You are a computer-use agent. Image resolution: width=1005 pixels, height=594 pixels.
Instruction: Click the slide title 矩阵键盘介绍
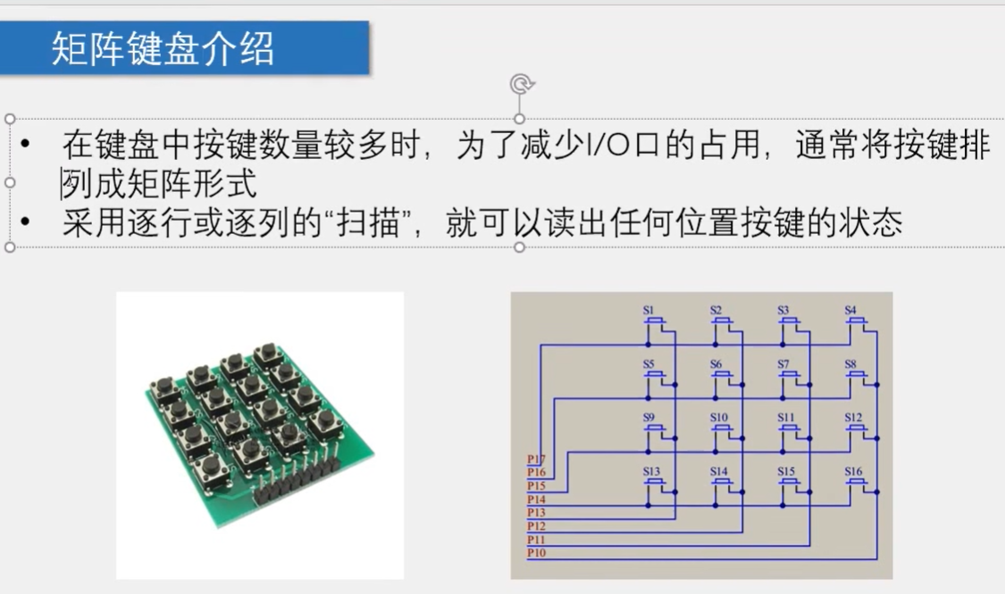pos(163,48)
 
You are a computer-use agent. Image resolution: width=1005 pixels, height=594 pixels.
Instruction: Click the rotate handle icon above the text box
pos(520,84)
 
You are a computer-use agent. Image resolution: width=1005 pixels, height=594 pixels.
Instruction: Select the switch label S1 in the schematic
pos(649,310)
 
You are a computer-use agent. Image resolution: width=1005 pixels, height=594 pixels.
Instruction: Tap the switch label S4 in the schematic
pos(850,310)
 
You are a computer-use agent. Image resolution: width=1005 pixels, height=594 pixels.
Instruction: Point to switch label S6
pos(716,364)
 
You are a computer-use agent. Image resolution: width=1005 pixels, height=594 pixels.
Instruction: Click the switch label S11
pos(785,417)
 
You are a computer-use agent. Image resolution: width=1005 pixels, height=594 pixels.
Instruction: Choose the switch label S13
pos(651,471)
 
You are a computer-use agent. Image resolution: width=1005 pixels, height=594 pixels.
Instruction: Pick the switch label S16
pos(853,471)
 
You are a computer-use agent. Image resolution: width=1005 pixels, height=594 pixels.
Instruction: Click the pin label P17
pos(536,460)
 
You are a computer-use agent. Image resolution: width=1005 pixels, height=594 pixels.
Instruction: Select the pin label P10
pos(536,553)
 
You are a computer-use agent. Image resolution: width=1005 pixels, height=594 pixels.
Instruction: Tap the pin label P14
pos(536,499)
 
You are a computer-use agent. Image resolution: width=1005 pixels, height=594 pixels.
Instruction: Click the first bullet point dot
pos(26,145)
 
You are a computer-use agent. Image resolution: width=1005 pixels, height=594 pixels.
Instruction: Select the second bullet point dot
pos(26,223)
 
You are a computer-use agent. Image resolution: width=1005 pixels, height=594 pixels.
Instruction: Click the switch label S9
pos(649,417)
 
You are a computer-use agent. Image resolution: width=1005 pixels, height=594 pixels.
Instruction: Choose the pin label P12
pos(536,526)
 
